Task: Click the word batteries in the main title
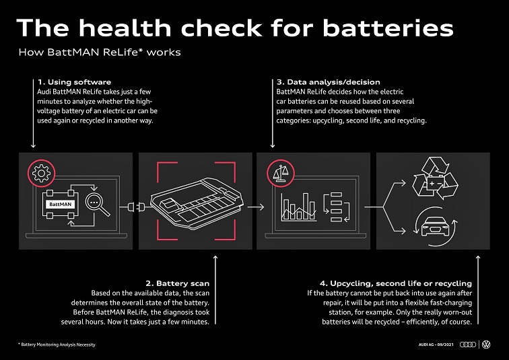click(x=388, y=28)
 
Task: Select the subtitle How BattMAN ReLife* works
click(x=100, y=52)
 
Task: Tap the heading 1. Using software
click(x=74, y=82)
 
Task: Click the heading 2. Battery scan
click(x=178, y=283)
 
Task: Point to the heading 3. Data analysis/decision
click(x=328, y=82)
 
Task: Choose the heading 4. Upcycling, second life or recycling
click(x=396, y=283)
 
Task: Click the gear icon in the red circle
click(x=41, y=173)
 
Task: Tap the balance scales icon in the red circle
click(x=281, y=173)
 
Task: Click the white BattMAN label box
click(x=61, y=205)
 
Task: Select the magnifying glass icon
click(x=98, y=205)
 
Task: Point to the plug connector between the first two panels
click(x=136, y=207)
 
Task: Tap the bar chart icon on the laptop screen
click(x=299, y=207)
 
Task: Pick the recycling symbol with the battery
click(x=435, y=178)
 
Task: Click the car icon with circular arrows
click(x=435, y=226)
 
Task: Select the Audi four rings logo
click(x=468, y=345)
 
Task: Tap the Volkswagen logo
click(x=486, y=345)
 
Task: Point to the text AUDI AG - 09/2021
click(x=436, y=345)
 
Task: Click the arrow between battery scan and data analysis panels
click(x=256, y=207)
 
